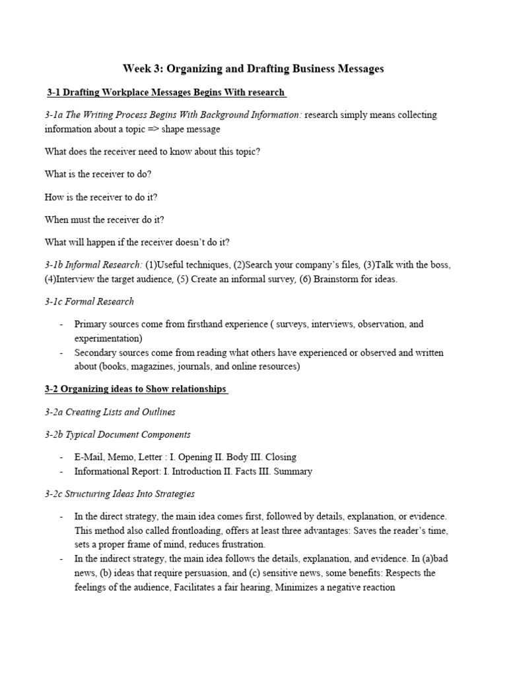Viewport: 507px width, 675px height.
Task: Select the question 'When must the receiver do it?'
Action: pos(104,219)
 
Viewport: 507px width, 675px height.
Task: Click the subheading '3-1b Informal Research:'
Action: pos(94,264)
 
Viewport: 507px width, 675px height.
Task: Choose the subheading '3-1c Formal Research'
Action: pos(89,301)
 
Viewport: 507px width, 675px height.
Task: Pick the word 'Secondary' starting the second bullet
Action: pos(96,353)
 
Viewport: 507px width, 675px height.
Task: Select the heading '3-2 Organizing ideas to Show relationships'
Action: pos(136,389)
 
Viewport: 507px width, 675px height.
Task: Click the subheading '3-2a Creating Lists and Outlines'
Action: pos(110,412)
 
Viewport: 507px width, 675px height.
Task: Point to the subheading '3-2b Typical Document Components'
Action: pos(118,434)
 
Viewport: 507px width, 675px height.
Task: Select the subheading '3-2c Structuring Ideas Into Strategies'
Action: pos(119,494)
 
